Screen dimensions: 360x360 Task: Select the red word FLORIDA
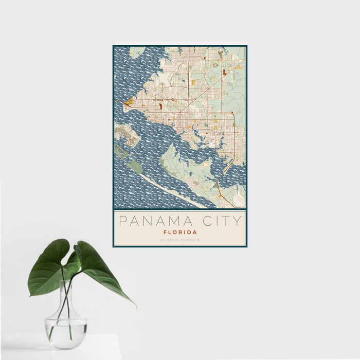179,232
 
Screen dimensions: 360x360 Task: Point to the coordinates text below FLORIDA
179,239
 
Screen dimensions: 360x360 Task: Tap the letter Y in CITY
237,222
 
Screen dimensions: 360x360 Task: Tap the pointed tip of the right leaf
135,307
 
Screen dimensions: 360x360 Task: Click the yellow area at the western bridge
128,101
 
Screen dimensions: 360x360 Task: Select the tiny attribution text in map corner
240,207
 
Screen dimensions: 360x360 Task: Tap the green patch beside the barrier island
135,166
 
